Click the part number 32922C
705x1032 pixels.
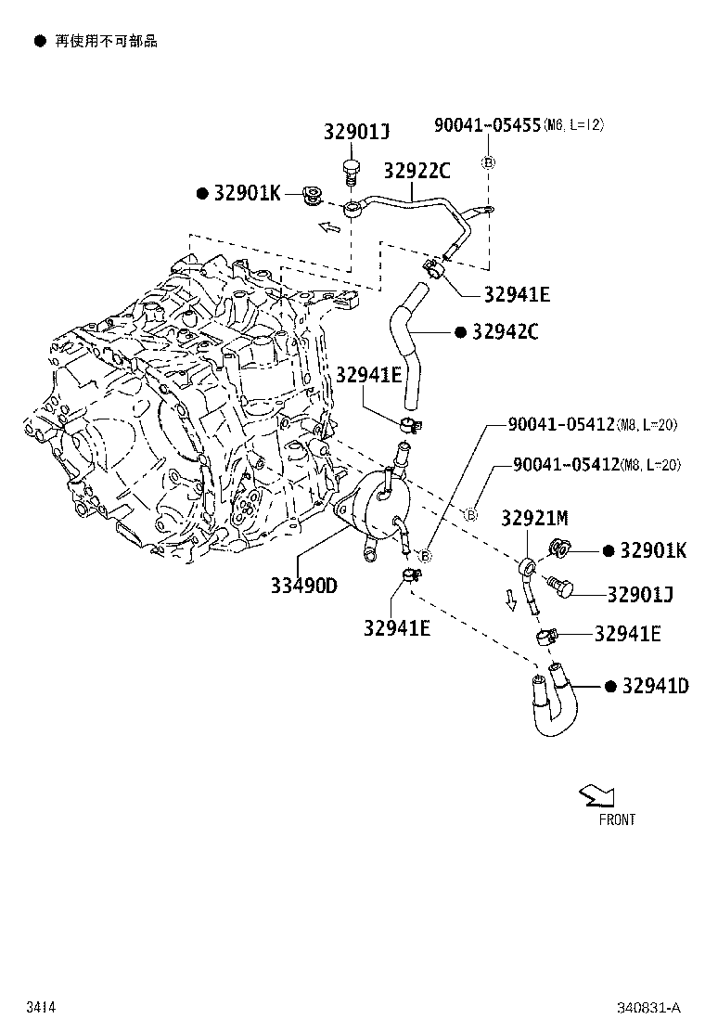417,171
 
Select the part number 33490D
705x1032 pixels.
304,586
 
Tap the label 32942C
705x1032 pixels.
505,332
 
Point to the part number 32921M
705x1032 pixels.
534,518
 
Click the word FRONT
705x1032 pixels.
617,819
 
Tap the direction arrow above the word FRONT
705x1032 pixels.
594,795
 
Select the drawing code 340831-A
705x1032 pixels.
649,1007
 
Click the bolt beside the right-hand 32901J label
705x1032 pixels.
560,587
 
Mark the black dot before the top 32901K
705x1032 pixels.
201,193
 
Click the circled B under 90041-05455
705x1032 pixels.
488,162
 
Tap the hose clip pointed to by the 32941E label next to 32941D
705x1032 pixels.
545,636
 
